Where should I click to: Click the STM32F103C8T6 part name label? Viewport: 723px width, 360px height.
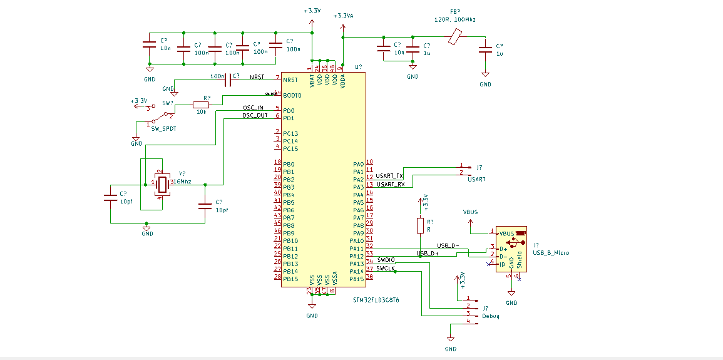pyautogui.click(x=376, y=301)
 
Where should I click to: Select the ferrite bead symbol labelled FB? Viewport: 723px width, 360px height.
pyautogui.click(x=455, y=39)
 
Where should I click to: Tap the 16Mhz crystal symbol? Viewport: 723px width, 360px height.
pyautogui.click(x=163, y=184)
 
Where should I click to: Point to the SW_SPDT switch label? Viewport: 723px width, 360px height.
pyautogui.click(x=164, y=128)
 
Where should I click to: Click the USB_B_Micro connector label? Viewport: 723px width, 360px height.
pyautogui.click(x=551, y=253)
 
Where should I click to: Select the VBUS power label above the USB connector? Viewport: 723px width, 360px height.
pyautogui.click(x=470, y=212)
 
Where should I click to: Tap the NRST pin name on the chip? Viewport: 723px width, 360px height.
pyautogui.click(x=290, y=80)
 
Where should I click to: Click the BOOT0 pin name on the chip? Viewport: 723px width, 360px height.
pyautogui.click(x=292, y=96)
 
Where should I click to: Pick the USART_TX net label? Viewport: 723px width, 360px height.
pyautogui.click(x=390, y=176)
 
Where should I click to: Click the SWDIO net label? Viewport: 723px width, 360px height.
pyautogui.click(x=386, y=259)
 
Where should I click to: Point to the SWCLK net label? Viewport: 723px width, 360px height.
pyautogui.click(x=386, y=268)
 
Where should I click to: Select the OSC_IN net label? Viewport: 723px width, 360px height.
pyautogui.click(x=253, y=108)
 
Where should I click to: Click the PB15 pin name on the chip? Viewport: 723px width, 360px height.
pyautogui.click(x=290, y=279)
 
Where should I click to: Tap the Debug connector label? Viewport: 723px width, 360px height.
pyautogui.click(x=491, y=316)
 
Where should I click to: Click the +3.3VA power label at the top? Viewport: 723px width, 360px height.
pyautogui.click(x=344, y=16)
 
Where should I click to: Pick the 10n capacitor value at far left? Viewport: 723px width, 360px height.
pyautogui.click(x=165, y=48)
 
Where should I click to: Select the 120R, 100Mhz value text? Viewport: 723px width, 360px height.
pyautogui.click(x=454, y=20)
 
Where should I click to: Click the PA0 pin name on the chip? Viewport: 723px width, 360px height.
pyautogui.click(x=358, y=164)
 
